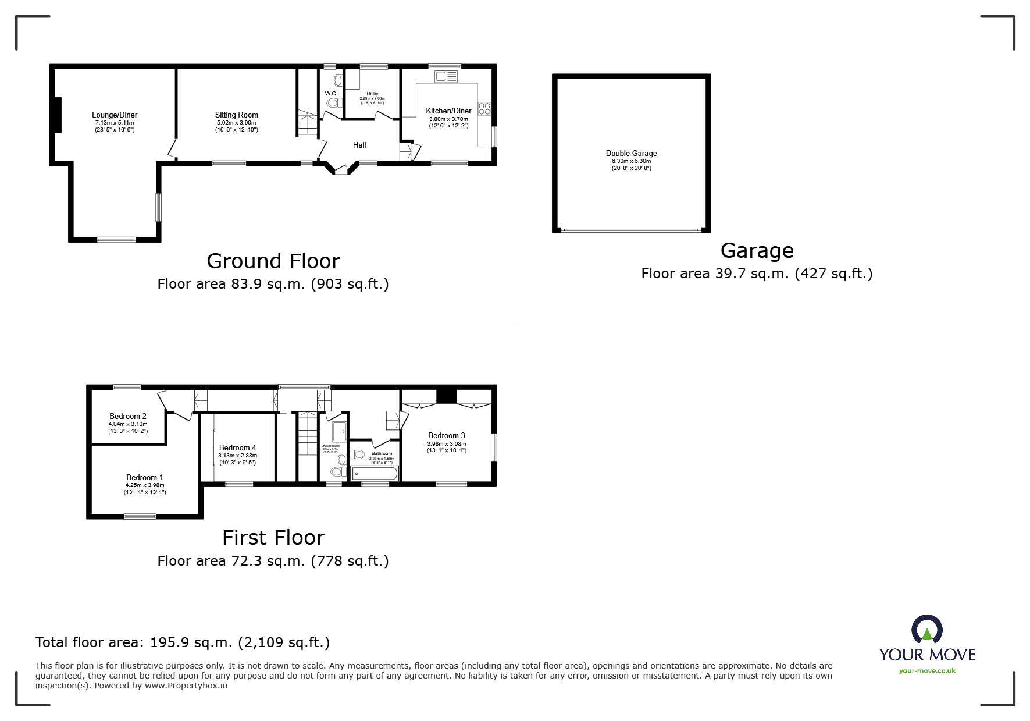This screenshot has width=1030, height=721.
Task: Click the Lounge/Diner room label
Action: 115,115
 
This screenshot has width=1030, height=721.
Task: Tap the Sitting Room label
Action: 236,115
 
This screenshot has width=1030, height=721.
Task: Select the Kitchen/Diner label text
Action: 448,111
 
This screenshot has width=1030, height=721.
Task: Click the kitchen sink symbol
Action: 446,76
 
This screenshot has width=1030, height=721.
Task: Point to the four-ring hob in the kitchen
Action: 484,109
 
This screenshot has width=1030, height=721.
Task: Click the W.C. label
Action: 331,94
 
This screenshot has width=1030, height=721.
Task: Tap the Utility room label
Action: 372,94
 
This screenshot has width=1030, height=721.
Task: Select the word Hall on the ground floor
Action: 359,145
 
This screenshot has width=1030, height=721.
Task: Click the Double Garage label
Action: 631,154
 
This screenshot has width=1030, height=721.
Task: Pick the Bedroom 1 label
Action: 145,478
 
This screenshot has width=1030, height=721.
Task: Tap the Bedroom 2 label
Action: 128,417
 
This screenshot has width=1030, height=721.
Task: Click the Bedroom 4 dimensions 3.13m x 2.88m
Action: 237,456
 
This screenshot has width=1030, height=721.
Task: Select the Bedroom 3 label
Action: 447,436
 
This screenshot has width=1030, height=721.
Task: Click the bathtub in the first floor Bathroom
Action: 374,473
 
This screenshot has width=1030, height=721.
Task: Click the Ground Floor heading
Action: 273,261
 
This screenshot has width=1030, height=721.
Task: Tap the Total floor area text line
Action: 183,642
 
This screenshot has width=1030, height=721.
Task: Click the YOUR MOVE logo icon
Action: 926,630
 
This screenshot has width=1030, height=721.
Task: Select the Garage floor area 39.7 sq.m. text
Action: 757,274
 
